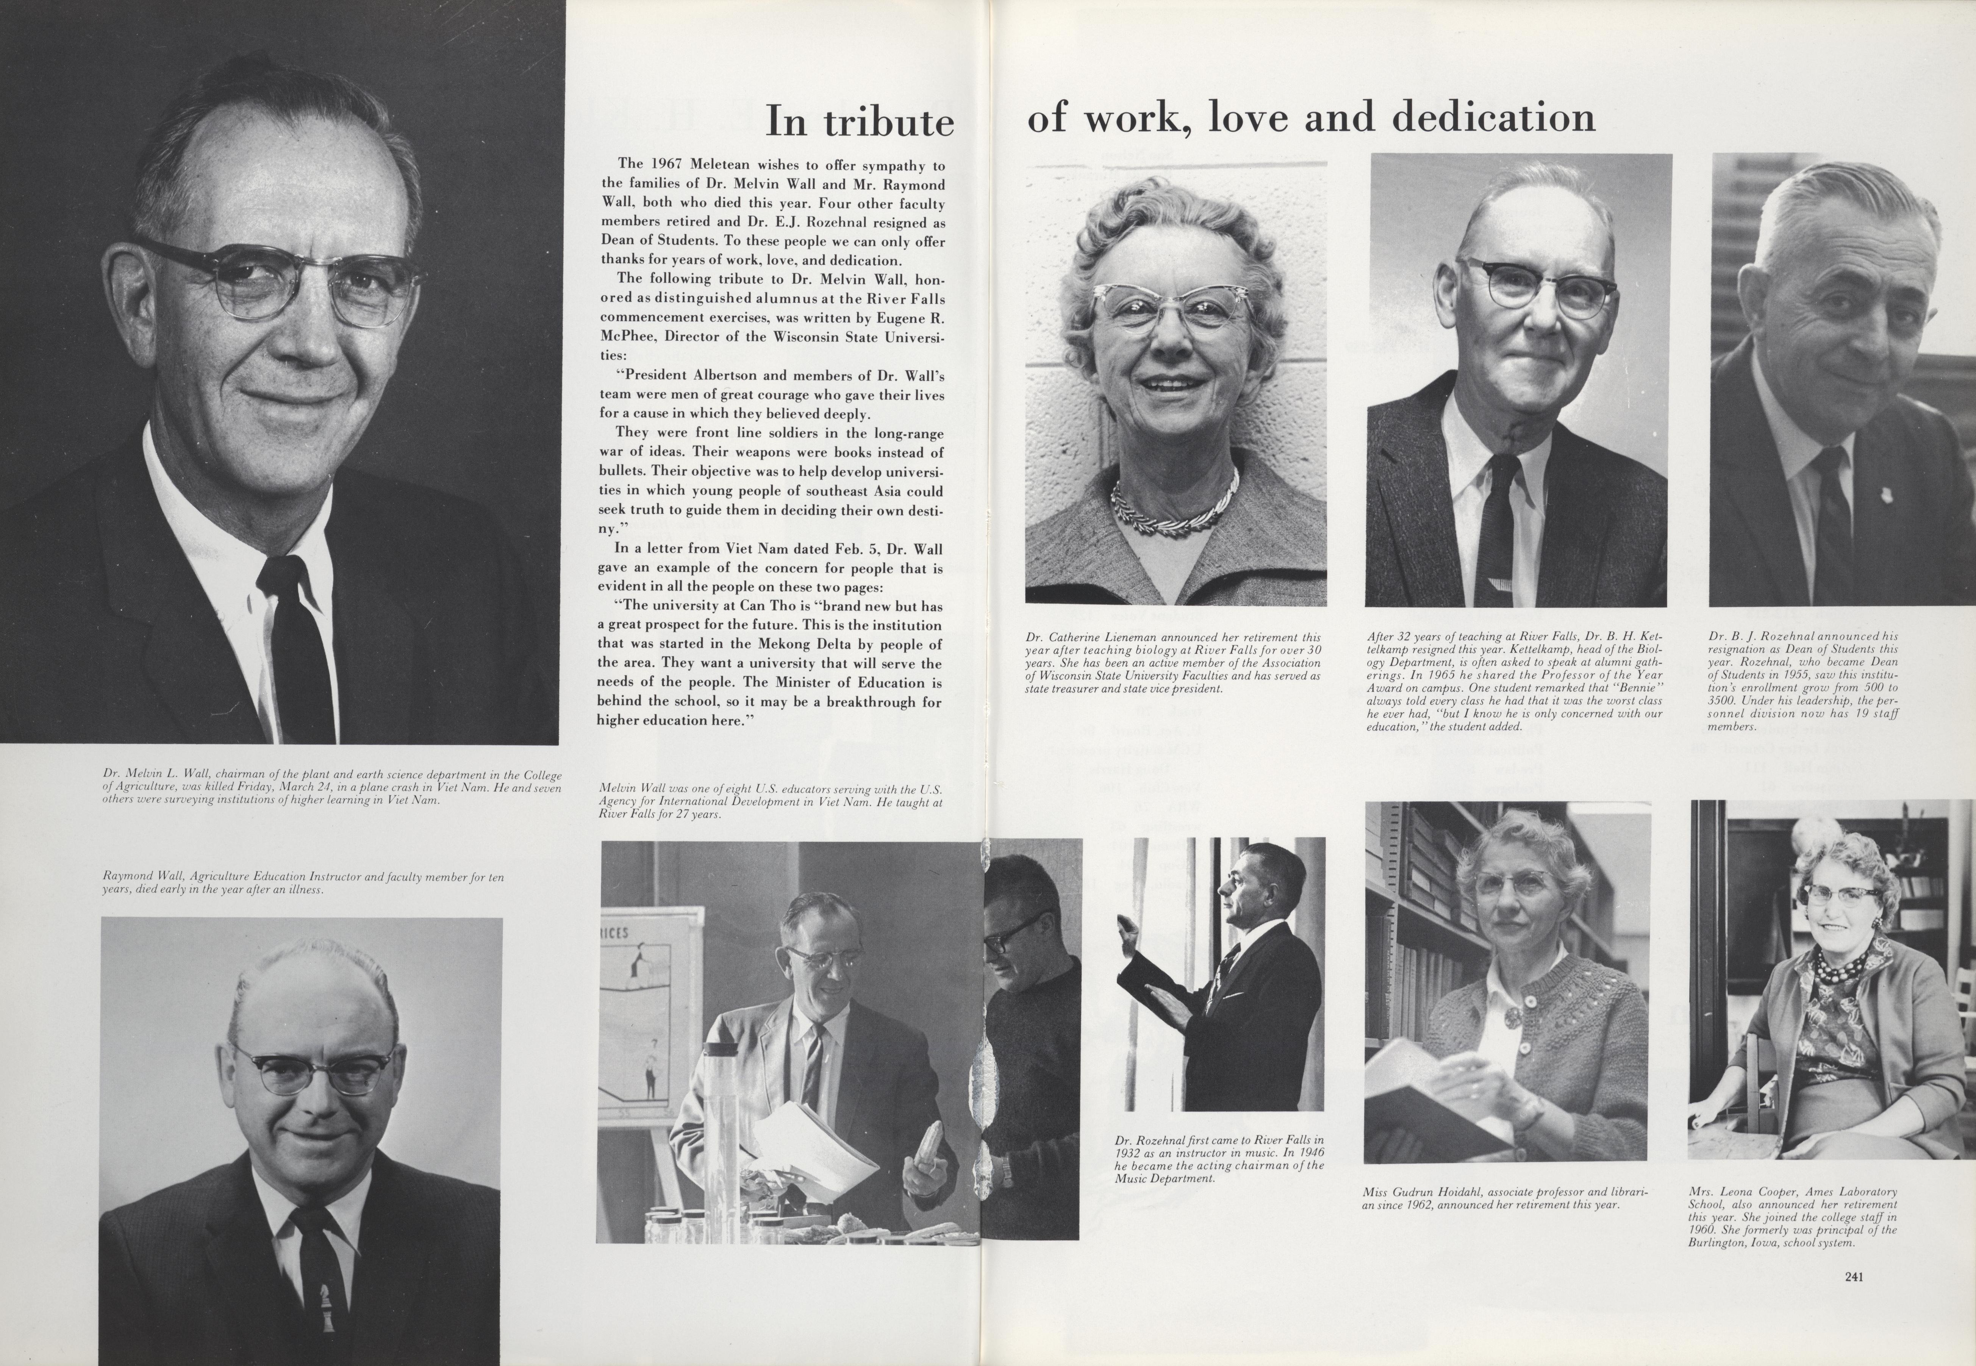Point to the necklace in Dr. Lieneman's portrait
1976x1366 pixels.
point(1175,505)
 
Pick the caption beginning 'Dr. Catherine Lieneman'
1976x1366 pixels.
point(1173,663)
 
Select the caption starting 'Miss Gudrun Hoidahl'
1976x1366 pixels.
point(1504,1198)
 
